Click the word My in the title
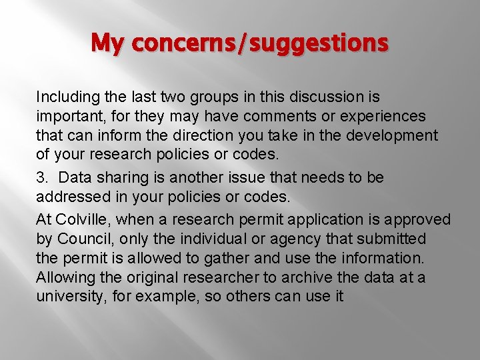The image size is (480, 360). click(107, 43)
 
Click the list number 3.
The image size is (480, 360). click(41, 179)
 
